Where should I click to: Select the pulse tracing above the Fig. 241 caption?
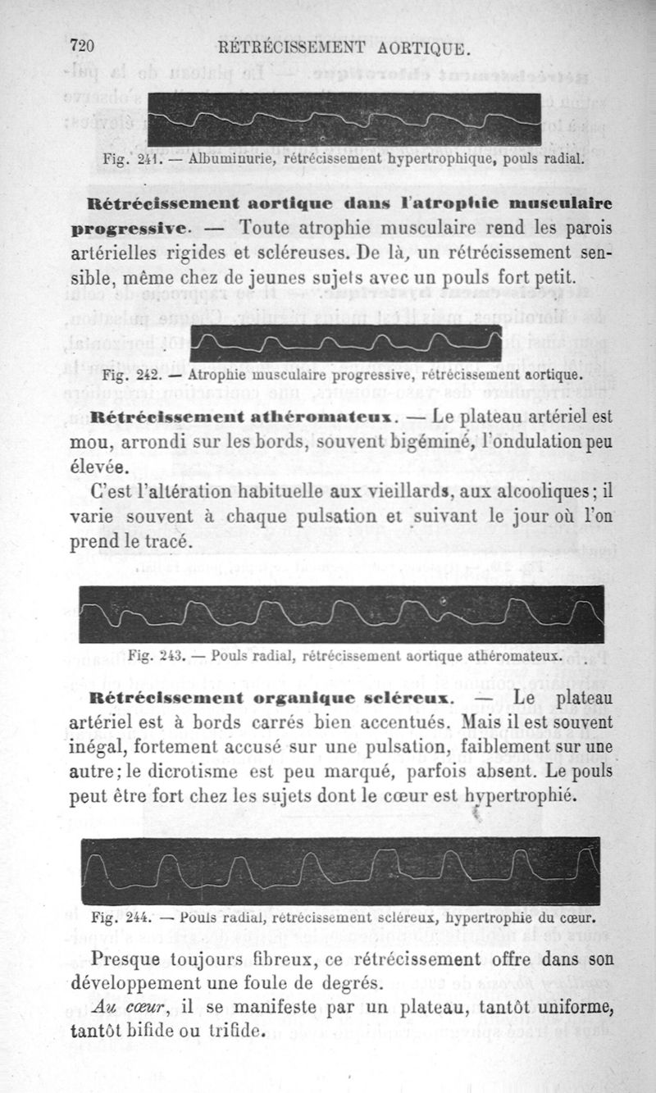pos(344,120)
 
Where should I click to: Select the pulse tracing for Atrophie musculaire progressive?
pos(345,342)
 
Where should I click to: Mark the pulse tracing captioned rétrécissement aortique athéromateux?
pos(341,614)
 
